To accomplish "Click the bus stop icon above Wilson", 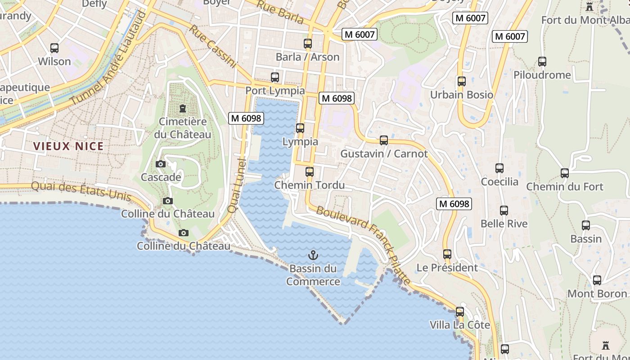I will coord(54,48).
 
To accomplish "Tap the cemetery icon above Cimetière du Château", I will coord(183,108).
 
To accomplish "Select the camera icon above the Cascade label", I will coord(161,164).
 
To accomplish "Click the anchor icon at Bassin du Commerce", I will coord(313,256).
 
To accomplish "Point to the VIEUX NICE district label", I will coord(68,146).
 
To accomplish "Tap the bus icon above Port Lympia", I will coord(275,77).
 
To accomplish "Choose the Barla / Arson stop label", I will coord(307,57).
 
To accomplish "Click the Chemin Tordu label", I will coord(310,185).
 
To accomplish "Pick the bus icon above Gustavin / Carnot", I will coord(384,140).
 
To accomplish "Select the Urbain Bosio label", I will coord(462,95).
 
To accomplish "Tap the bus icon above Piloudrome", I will coord(542,62).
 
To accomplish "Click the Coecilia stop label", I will coord(499,182).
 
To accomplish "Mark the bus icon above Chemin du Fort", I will coord(565,173).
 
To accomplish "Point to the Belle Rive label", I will coord(504,224).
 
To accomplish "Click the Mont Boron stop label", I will coord(597,294).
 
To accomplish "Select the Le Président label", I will coord(447,268).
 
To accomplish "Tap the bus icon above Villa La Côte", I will coord(460,312).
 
